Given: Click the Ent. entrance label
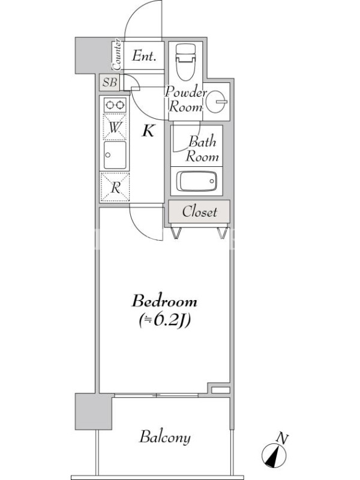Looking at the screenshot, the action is click(x=144, y=56).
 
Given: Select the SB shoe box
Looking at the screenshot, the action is click(x=110, y=82).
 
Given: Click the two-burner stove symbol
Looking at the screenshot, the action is click(x=115, y=106).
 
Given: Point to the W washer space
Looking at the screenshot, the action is click(x=115, y=127).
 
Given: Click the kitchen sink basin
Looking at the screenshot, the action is click(x=115, y=155).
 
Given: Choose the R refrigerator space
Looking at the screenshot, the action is click(x=115, y=187).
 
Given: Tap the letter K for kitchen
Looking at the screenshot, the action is click(x=148, y=131).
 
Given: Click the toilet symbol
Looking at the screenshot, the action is click(x=185, y=62).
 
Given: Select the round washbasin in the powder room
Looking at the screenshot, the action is click(x=216, y=102).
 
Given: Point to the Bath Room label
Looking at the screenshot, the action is click(x=202, y=149).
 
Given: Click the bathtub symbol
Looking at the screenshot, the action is click(x=196, y=181).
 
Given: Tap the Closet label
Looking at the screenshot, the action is click(x=200, y=212).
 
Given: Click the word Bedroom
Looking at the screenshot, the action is click(x=164, y=301).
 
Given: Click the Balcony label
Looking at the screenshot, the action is click(x=165, y=437).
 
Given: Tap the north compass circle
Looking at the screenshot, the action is click(x=274, y=456).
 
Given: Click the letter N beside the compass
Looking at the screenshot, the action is click(x=282, y=439).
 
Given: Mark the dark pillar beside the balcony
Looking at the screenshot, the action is click(x=94, y=412).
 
